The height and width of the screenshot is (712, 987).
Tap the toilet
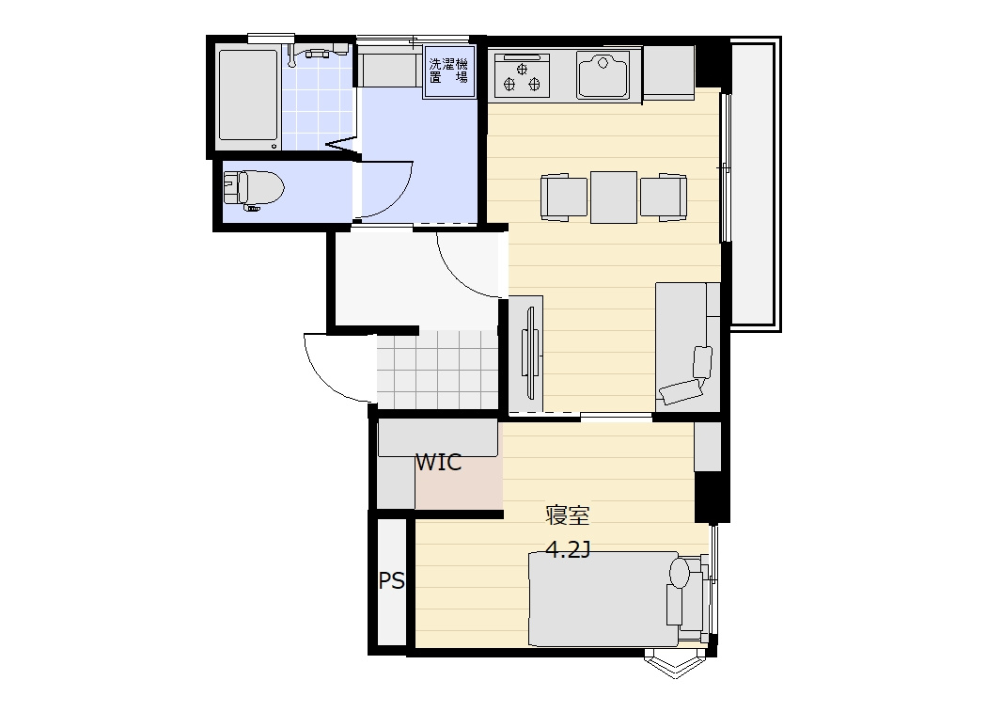click(254, 188)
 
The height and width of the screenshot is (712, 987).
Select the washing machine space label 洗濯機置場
click(448, 71)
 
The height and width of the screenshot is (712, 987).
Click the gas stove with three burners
click(522, 75)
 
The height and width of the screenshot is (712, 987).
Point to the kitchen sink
click(603, 73)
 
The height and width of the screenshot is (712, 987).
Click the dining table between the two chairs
click(614, 198)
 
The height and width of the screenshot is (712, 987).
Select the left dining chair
click(563, 198)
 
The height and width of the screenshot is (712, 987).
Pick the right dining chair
click(664, 198)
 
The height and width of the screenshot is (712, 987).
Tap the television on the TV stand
click(529, 352)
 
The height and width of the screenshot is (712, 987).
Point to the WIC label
click(438, 463)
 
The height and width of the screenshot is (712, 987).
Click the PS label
click(392, 580)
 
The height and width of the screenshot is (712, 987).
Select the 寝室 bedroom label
click(567, 515)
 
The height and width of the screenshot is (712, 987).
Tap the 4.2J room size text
click(569, 550)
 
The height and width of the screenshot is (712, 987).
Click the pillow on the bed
click(680, 573)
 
